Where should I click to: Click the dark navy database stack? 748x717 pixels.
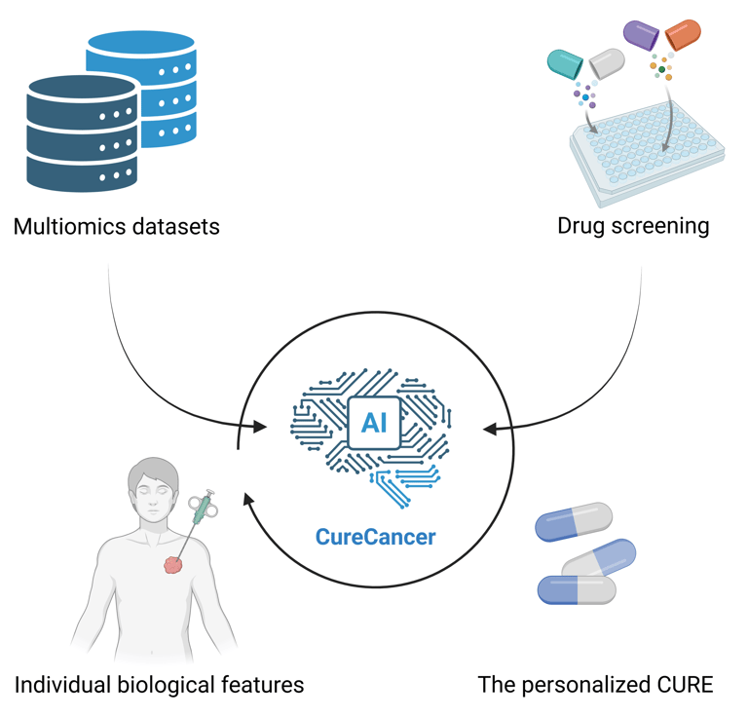82,133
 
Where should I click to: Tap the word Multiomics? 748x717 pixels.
69,227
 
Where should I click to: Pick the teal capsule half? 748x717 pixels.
565,64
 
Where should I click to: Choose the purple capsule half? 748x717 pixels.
641,35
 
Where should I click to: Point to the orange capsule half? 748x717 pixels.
683,34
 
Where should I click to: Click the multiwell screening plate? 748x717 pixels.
648,153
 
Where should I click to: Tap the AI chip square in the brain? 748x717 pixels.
374,423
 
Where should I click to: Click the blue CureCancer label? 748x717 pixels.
375,537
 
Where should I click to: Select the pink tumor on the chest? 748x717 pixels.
173,565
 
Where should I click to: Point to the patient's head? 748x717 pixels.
153,486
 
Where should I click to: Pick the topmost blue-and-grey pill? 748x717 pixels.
574,521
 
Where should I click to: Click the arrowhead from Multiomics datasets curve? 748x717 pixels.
259,427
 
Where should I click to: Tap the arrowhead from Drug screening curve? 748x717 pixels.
490,430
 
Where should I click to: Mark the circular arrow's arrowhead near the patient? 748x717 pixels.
248,500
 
